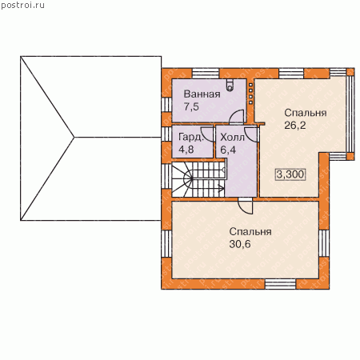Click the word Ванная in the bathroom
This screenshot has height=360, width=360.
(x=202, y=94)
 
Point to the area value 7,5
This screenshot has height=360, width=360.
(x=191, y=106)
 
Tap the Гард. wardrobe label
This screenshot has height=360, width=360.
(x=191, y=137)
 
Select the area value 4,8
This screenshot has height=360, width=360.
(x=186, y=150)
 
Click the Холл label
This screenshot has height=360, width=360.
(x=232, y=138)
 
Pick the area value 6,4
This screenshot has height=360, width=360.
(x=228, y=150)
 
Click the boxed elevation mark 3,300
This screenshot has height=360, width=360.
(x=290, y=174)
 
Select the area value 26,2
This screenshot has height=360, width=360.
(x=295, y=126)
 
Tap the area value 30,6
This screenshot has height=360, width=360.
(x=240, y=244)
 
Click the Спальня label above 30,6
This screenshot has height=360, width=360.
(x=250, y=231)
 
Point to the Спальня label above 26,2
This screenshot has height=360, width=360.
(x=306, y=113)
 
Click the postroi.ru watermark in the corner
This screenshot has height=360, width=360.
(x=22, y=5)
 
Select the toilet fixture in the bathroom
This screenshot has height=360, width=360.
(x=230, y=85)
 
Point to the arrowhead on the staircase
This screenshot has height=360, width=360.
(x=222, y=190)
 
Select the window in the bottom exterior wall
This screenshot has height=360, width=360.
(x=280, y=284)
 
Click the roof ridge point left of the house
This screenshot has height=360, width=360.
(x=74, y=138)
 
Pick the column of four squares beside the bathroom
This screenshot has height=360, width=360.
(x=250, y=94)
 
